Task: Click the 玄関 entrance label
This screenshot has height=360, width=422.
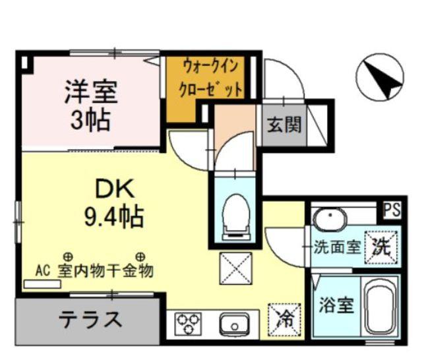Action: [285, 123]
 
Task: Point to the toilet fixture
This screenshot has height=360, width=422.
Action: [234, 216]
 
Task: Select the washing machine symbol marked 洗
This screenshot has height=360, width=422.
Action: [382, 248]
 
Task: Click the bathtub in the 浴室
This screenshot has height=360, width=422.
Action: [377, 307]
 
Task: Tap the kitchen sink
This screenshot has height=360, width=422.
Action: [232, 324]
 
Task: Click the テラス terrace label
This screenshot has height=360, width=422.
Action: [91, 320]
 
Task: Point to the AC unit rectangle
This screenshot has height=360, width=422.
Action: [41, 285]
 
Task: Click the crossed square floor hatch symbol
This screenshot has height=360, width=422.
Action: [235, 270]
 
